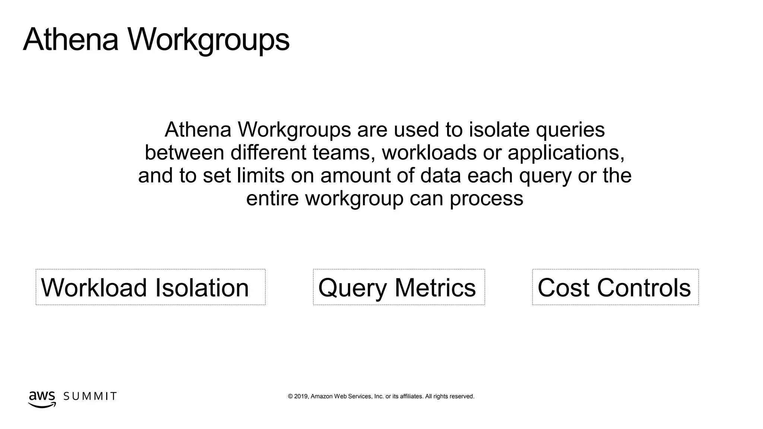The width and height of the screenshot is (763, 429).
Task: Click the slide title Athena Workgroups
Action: tap(156, 40)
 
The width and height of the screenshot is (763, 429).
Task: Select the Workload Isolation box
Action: tap(151, 287)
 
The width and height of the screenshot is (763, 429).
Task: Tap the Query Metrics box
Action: tap(399, 287)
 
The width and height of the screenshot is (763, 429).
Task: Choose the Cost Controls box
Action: tap(615, 287)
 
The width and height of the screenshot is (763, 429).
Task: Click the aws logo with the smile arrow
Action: tap(42, 399)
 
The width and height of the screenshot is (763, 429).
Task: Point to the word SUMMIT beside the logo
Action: tap(90, 396)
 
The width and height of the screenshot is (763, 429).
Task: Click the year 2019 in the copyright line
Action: tap(301, 396)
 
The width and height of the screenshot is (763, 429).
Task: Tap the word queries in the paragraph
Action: tap(570, 130)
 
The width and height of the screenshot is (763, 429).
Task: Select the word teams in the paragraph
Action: tap(343, 153)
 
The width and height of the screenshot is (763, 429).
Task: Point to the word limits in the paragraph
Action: tap(260, 175)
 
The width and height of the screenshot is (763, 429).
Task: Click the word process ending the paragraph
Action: tap(486, 199)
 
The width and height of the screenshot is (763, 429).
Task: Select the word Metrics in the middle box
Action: tap(435, 287)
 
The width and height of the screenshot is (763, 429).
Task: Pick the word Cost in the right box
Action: tap(564, 287)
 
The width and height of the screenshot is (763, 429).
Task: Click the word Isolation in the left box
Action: tap(202, 287)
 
